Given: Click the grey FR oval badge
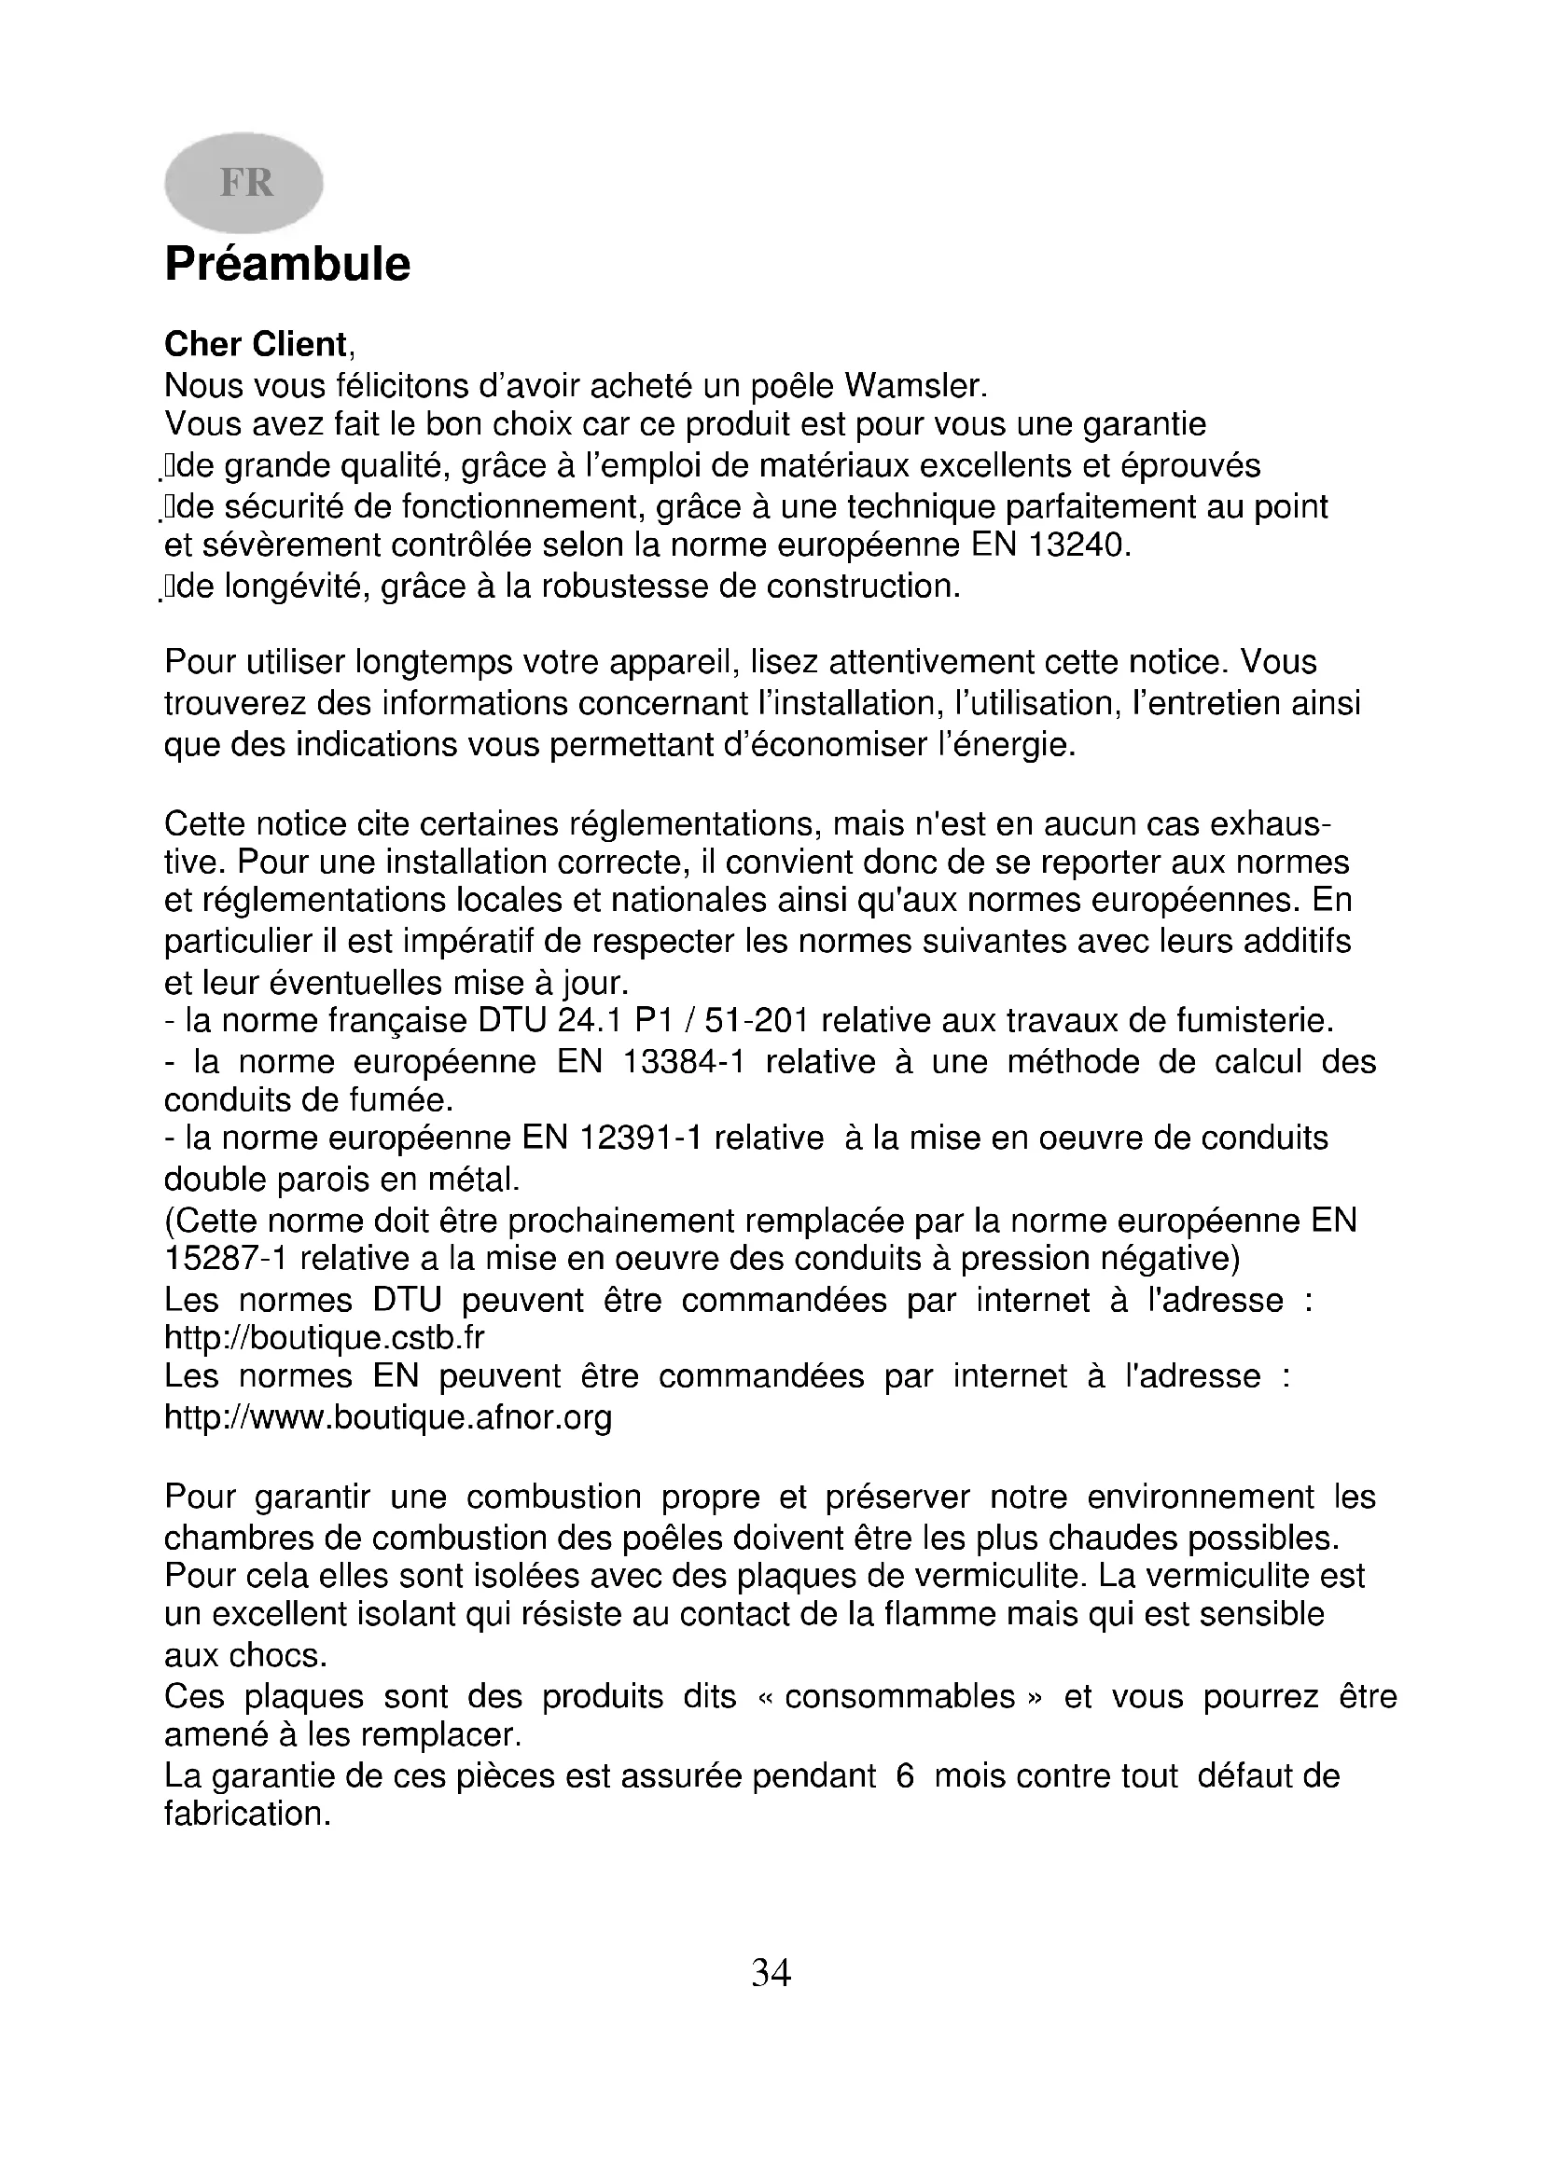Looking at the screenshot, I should coord(244,183).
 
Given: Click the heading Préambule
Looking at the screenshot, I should coord(287,264).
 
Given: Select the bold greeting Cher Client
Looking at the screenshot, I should coord(257,344).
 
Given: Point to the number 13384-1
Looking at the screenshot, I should coord(682,1061).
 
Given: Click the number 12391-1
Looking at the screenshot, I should coord(640,1138).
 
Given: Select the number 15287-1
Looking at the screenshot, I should coord(225,1259).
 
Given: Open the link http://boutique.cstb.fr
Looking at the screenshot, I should coord(324,1337).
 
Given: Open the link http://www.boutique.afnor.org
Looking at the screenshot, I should coord(388,1417).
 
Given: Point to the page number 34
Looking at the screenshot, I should coord(771,1974).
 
